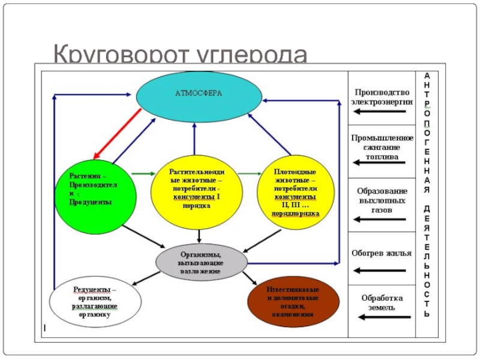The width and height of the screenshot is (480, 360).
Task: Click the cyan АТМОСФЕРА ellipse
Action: [199, 96]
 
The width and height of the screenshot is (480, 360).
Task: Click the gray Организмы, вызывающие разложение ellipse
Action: [201, 262]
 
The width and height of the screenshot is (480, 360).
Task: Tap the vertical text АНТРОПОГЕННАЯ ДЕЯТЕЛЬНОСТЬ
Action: [427, 195]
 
